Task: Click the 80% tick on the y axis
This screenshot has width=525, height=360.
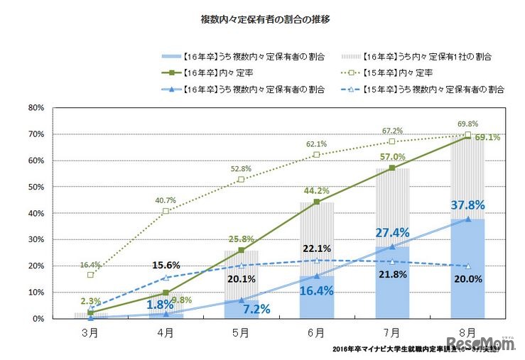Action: [x=36, y=108]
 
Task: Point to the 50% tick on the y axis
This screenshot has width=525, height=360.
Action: [x=36, y=187]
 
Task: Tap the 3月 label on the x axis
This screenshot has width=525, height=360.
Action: [x=90, y=332]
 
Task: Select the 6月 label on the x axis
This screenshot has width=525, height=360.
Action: [x=316, y=332]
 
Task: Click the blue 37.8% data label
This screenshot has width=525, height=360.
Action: [x=468, y=205]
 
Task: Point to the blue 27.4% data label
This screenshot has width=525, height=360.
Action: [x=394, y=233]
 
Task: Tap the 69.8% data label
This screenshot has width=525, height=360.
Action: [x=466, y=123]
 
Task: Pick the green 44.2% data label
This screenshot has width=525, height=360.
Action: [x=316, y=190]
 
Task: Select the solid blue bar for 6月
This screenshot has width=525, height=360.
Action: [x=316, y=298]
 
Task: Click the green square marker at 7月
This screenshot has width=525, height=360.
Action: [x=392, y=168]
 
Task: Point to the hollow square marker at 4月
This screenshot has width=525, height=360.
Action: [x=166, y=211]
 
